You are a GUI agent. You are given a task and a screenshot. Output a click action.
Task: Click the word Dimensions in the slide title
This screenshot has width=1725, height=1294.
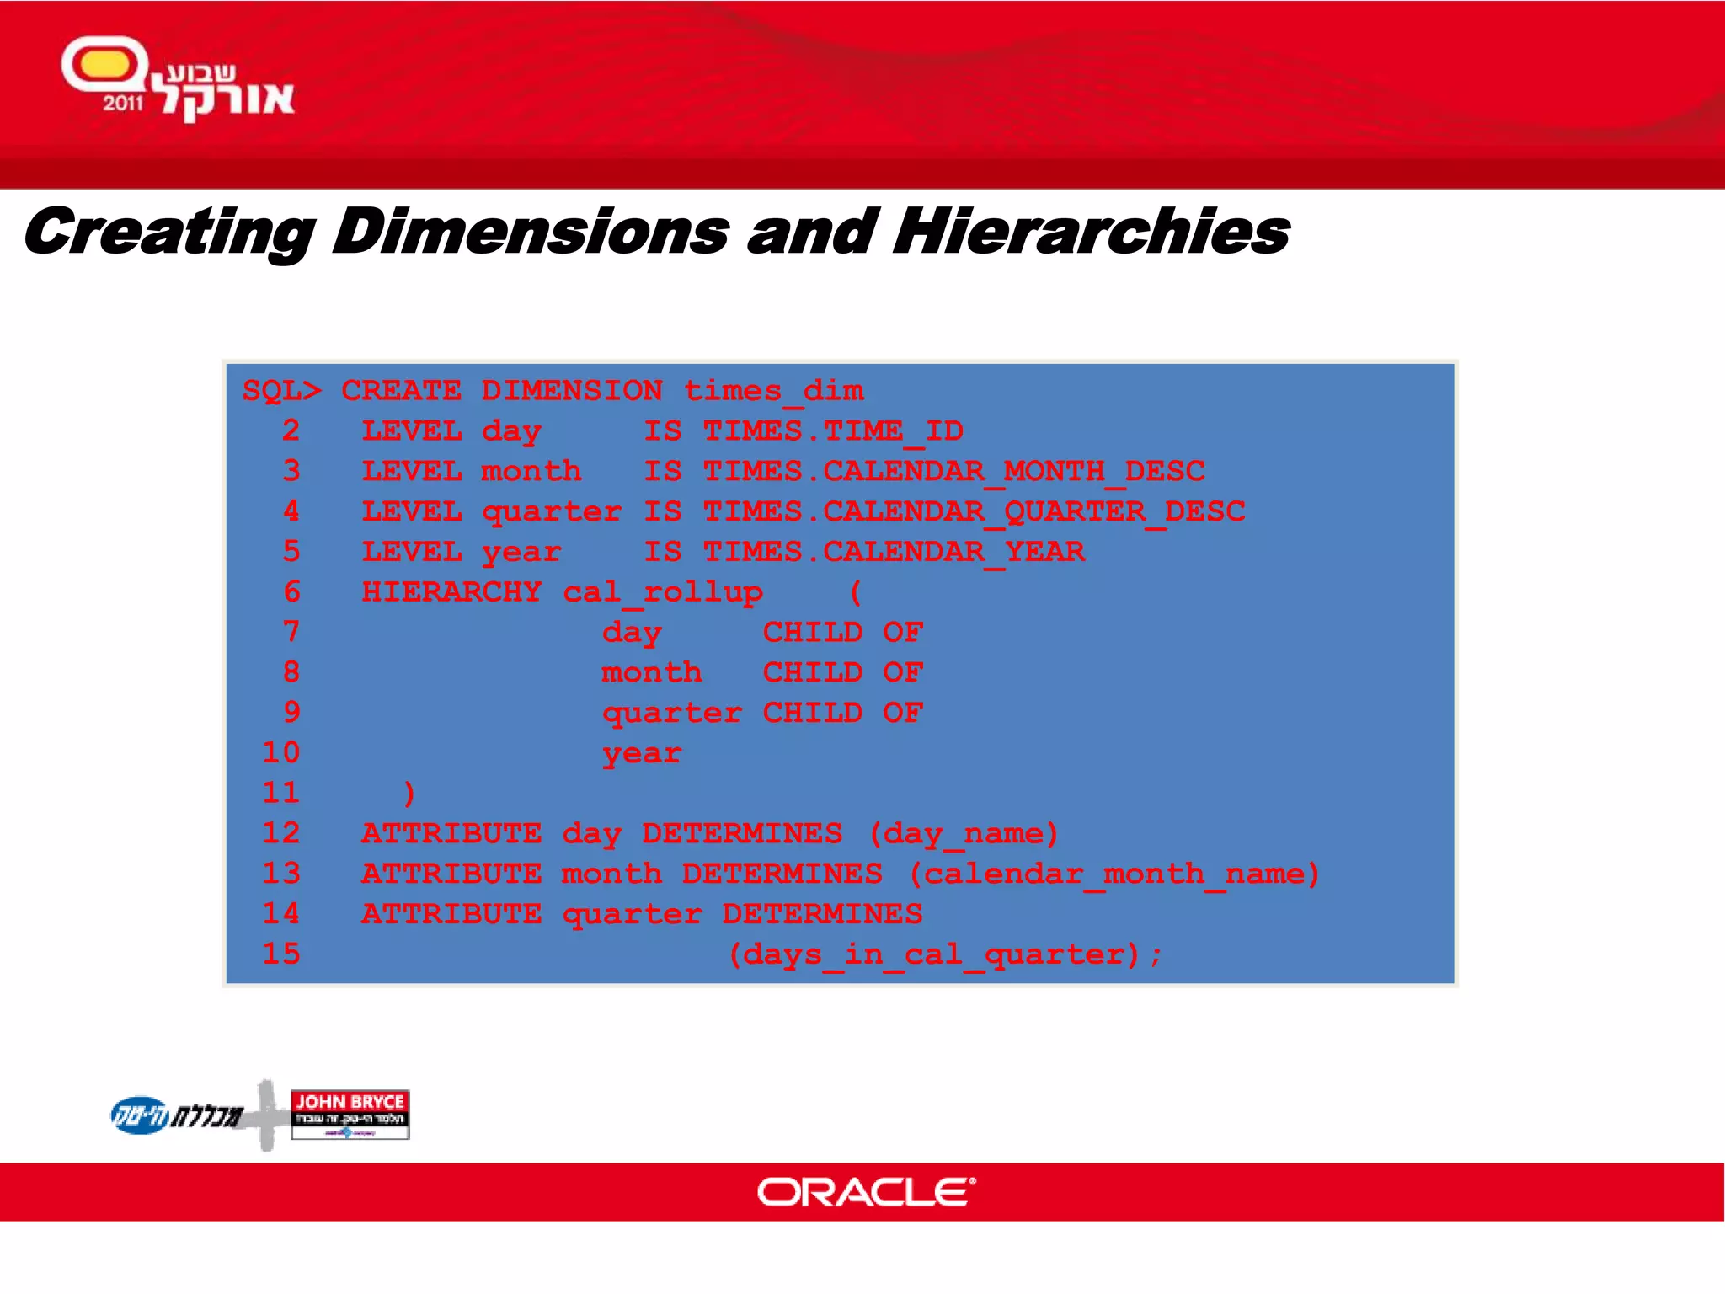[x=531, y=232]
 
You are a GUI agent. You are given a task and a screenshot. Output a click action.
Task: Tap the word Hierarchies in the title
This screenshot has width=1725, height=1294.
[x=1091, y=232]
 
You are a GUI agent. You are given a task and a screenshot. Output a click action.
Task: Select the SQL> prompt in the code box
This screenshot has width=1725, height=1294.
[x=281, y=391]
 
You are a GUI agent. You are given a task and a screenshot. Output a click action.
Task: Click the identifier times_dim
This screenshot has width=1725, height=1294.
[x=773, y=391]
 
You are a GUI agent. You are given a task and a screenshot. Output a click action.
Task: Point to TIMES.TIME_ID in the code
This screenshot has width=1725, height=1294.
[x=833, y=431]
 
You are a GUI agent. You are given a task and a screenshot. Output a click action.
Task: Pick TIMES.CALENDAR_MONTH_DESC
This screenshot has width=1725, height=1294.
[x=954, y=472]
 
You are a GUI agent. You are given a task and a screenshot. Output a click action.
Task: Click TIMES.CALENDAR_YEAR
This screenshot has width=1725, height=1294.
[x=894, y=552]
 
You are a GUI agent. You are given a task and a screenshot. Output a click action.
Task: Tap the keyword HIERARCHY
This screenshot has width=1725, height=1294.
[x=451, y=592]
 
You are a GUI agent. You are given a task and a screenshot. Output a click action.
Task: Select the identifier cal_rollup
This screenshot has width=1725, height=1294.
[x=663, y=592]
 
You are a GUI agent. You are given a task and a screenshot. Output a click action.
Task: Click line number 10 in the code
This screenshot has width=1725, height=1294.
[x=281, y=752]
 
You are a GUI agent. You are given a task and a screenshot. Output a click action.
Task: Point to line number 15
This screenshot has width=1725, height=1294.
[x=281, y=954]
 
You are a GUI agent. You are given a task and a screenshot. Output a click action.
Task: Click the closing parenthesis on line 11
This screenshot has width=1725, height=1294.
[x=409, y=793]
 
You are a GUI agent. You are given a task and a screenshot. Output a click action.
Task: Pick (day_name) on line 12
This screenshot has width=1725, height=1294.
[x=964, y=834]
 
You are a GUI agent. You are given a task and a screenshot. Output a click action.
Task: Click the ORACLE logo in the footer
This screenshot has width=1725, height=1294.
[x=866, y=1192]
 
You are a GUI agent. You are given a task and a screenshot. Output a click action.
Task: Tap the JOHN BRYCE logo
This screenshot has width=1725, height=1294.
[x=350, y=1114]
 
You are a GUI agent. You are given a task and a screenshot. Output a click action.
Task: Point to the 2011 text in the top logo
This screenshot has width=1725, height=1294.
[x=123, y=104]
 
